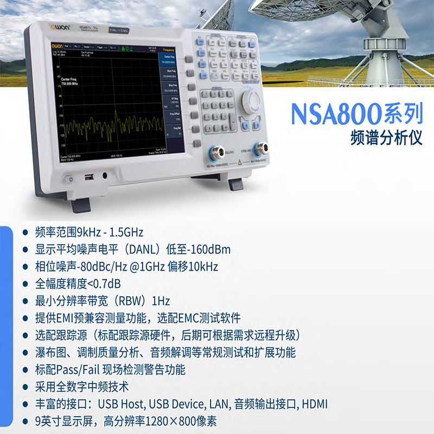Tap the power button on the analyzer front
(x=69, y=178)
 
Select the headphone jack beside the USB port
(x=104, y=175)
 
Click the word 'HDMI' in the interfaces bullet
(x=315, y=404)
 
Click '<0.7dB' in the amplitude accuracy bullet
(x=104, y=284)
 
